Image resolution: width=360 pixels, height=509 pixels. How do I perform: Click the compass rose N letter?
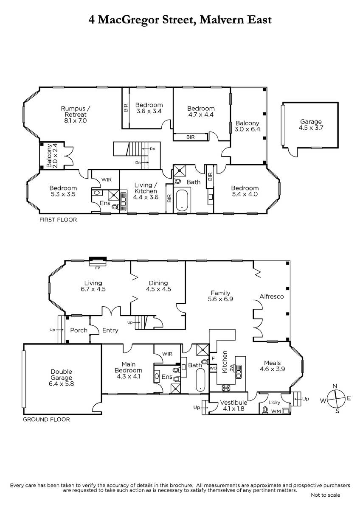point(335,386)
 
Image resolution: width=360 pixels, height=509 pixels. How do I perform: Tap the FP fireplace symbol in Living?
point(98,262)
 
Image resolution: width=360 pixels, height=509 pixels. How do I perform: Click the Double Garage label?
point(62,378)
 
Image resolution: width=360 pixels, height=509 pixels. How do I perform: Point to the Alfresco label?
point(272,296)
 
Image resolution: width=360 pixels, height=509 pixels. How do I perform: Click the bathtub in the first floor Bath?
point(182,200)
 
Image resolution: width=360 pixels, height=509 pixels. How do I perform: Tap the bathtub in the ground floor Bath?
point(200,380)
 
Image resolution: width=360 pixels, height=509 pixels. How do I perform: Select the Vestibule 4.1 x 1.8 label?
point(233,406)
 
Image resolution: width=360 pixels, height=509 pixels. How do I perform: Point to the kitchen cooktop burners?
point(227,388)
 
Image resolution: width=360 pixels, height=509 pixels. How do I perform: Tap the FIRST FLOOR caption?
point(58,220)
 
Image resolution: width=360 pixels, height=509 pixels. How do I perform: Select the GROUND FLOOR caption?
point(46,420)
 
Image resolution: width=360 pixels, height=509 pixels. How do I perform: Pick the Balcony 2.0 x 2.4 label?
point(52,156)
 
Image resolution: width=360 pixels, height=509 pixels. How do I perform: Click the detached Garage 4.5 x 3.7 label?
point(311,125)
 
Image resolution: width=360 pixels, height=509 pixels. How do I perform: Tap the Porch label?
point(79,330)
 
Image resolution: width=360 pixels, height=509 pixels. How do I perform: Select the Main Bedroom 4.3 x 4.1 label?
point(129,370)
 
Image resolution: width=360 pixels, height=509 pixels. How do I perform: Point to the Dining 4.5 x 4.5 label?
point(158,286)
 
